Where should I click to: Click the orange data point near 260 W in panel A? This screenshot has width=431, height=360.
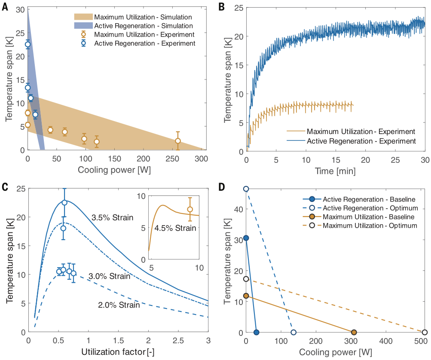[x=178, y=141]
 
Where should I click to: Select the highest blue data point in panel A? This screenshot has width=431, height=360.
[x=28, y=44]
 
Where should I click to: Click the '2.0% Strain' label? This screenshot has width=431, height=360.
[x=119, y=305]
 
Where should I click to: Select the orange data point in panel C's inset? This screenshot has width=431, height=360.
[x=190, y=209]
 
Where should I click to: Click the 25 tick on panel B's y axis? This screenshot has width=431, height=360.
[x=238, y=8]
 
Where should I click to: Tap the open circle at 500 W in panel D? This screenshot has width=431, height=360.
[x=425, y=333]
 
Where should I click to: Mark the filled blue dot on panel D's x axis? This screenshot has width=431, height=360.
[x=257, y=333]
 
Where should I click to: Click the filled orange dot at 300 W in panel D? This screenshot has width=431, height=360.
[x=354, y=333]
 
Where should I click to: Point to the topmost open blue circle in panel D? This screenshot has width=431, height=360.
[x=246, y=189]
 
